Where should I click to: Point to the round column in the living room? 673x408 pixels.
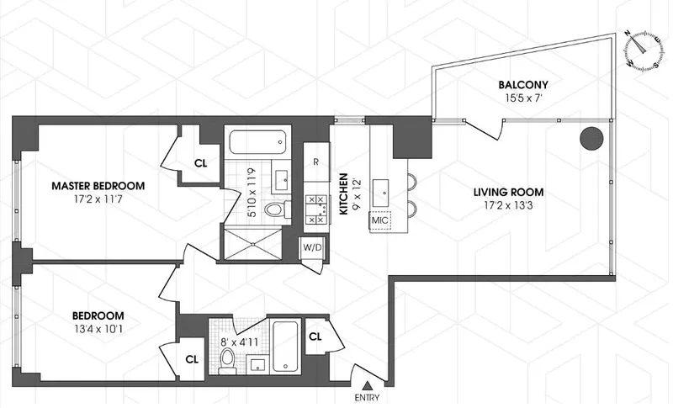pos(591,139)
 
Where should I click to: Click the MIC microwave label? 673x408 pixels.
pos(380,221)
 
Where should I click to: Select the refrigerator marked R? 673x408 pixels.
pos(315,162)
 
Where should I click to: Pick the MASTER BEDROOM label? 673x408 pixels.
pos(98,186)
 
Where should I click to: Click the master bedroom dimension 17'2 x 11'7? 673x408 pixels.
pos(98,200)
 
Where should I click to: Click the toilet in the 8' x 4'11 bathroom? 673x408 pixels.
pos(225,360)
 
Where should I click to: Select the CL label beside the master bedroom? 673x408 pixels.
pos(201,162)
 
